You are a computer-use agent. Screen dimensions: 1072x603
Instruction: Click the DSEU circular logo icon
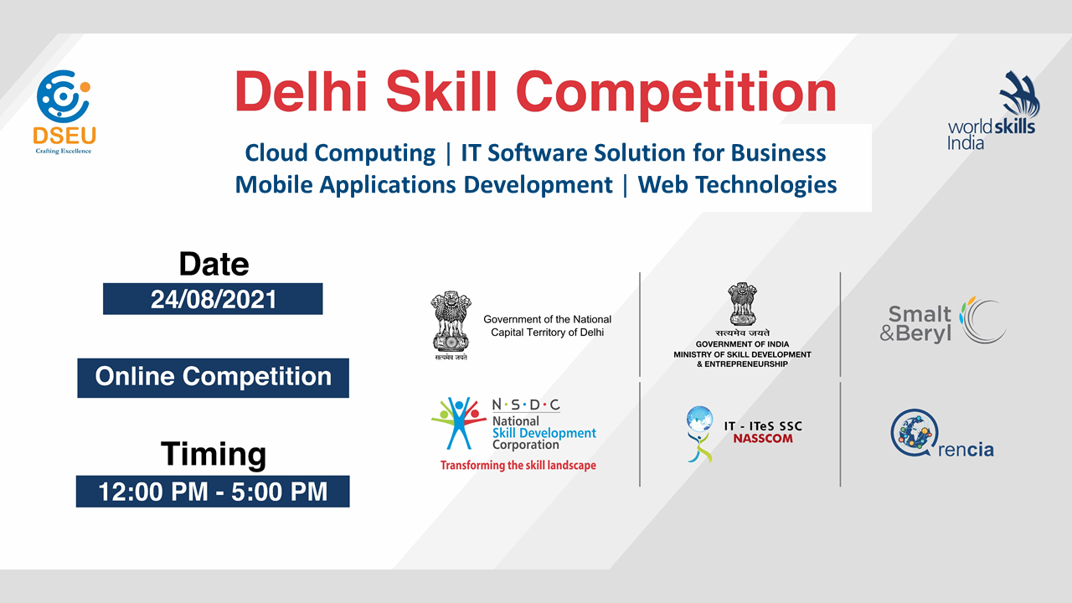63,96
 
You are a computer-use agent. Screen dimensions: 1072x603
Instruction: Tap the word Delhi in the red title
301,91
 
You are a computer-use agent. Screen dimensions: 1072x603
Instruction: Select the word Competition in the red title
676,95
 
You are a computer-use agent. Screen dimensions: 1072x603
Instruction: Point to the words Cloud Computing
340,153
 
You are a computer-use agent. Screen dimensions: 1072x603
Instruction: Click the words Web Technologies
738,185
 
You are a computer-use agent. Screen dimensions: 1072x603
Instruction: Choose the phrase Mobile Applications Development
424,185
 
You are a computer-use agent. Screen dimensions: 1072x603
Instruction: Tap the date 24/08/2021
214,300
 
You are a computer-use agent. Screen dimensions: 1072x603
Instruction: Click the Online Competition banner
213,378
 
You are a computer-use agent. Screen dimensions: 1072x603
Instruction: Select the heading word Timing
214,454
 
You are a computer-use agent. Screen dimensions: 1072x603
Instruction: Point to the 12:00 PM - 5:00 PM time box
213,492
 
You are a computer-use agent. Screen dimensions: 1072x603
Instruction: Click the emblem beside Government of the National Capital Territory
451,325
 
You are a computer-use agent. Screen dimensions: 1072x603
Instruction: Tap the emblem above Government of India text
742,304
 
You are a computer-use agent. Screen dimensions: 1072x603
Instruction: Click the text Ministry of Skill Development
742,354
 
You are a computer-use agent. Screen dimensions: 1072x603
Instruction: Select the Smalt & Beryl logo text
915,324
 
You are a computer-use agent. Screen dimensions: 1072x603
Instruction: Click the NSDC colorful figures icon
458,423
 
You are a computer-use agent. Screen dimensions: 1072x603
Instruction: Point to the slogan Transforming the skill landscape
518,465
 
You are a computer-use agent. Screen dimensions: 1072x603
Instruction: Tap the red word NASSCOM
763,439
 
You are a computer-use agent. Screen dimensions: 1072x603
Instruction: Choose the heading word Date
214,264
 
